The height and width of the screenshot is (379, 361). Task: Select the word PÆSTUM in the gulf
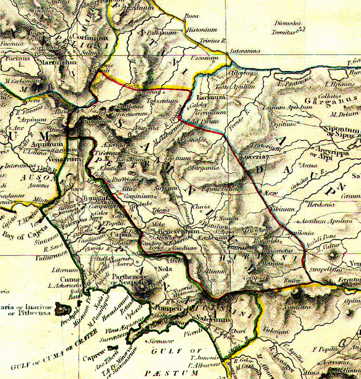point(171,373)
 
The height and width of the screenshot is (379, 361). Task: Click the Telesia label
point(161,210)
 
